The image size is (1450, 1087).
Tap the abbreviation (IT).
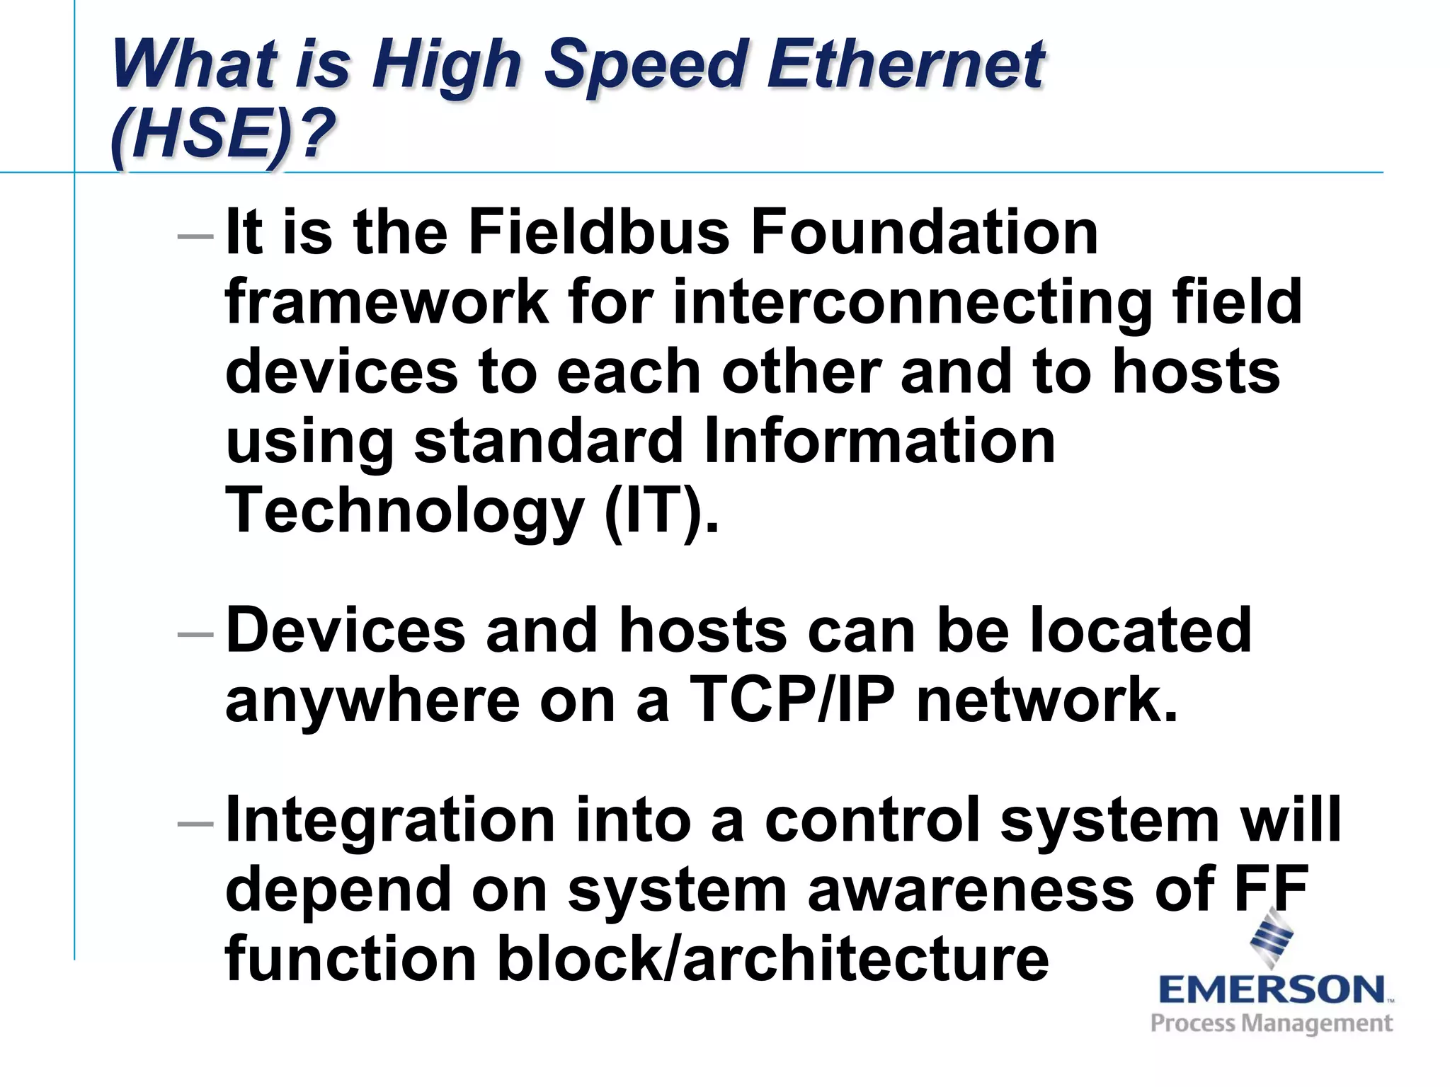click(x=661, y=511)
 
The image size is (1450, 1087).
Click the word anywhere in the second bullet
click(x=372, y=701)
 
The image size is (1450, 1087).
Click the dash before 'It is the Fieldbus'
click(x=195, y=236)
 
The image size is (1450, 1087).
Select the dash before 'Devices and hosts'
click(x=195, y=634)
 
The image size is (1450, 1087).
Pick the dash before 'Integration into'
click(x=195, y=823)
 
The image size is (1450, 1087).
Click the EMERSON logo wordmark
click(x=1272, y=989)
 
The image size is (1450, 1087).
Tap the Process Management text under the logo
click(x=1272, y=1023)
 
